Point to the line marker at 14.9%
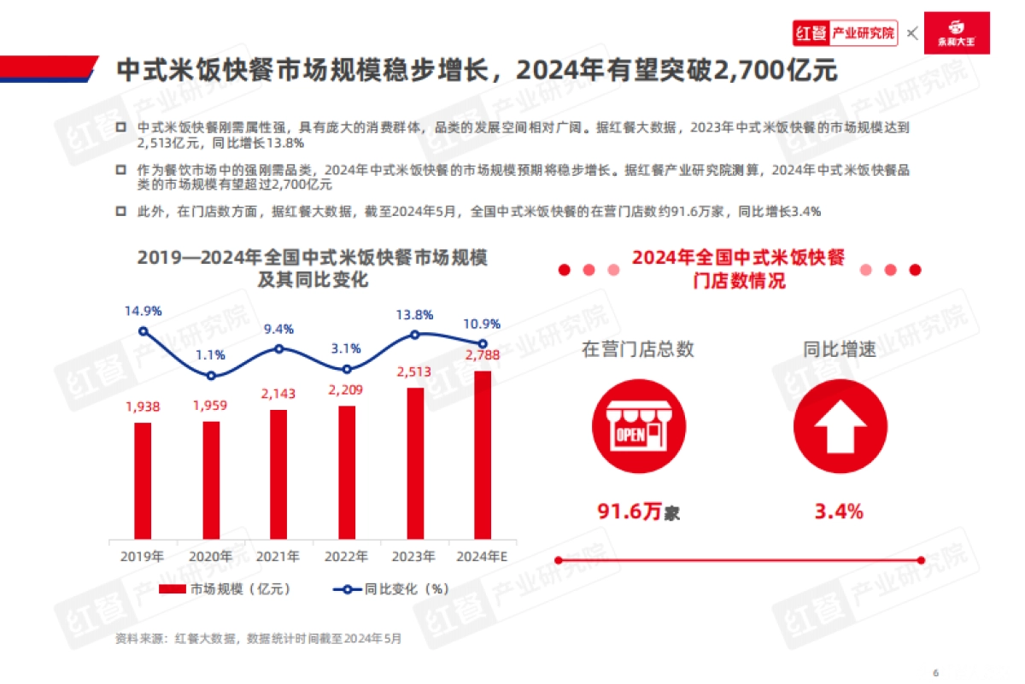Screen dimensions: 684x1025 click(x=143, y=331)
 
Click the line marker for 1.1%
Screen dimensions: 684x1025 click(x=211, y=376)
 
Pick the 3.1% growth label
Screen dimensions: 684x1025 click(x=347, y=348)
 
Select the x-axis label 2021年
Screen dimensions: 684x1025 click(x=278, y=557)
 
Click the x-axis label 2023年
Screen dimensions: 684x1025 click(x=414, y=557)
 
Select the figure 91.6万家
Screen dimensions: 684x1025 click(x=638, y=512)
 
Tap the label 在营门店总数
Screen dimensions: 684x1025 click(x=638, y=349)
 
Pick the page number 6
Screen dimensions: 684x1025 click(x=935, y=670)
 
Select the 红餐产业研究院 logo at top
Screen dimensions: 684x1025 click(x=845, y=33)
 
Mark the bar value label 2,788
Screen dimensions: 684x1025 click(x=483, y=354)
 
